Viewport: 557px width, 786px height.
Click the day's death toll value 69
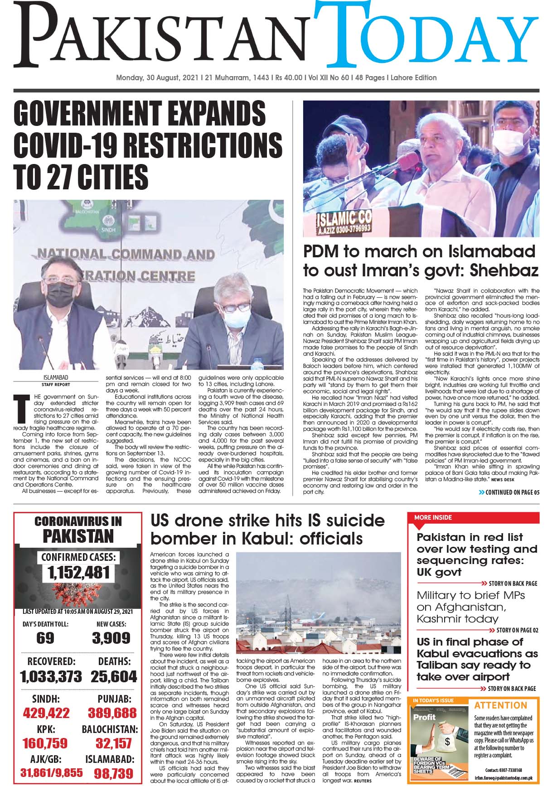(45, 638)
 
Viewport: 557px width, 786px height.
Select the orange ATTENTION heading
(501, 705)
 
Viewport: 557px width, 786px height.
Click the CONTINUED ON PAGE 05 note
(509, 492)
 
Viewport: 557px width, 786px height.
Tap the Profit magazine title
(424, 717)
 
